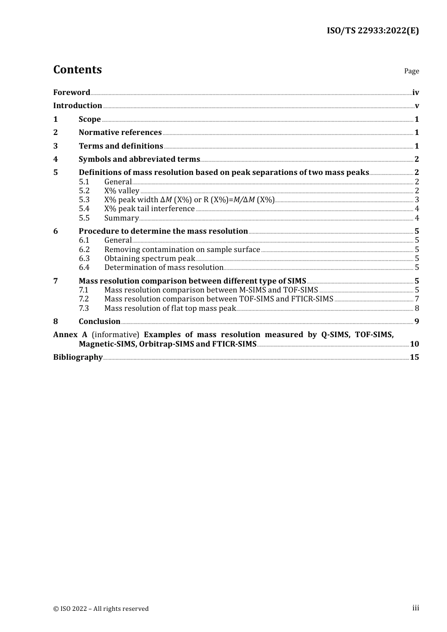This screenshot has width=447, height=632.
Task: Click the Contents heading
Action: pyautogui.click(x=77, y=70)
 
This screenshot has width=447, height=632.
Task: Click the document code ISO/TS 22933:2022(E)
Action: pyautogui.click(x=373, y=31)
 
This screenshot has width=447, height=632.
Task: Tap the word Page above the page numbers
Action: pyautogui.click(x=411, y=71)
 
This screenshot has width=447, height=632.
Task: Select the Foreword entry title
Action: pyautogui.click(x=72, y=93)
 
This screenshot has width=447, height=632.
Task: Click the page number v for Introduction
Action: pyautogui.click(x=416, y=106)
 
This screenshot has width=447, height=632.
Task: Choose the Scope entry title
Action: pyautogui.click(x=89, y=119)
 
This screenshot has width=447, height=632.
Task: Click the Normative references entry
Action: pyautogui.click(x=120, y=133)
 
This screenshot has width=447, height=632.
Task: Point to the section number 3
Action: pyautogui.click(x=56, y=146)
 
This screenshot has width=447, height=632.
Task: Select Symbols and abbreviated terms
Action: pyautogui.click(x=139, y=159)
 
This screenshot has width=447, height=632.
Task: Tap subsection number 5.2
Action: pyautogui.click(x=84, y=191)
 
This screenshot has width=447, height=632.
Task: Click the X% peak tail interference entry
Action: pyautogui.click(x=149, y=209)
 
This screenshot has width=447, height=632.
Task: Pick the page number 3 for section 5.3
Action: pyautogui.click(x=417, y=200)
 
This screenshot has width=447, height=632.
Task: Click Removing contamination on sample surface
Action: pyautogui.click(x=182, y=250)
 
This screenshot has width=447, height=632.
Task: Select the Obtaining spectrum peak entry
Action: pyautogui.click(x=149, y=259)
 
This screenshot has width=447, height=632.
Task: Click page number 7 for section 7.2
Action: pyautogui.click(x=417, y=299)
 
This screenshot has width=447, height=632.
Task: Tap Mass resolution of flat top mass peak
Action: pyautogui.click(x=170, y=308)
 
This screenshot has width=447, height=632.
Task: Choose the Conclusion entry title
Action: pyautogui.click(x=99, y=322)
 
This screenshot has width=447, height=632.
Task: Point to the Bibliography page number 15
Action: pyautogui.click(x=414, y=357)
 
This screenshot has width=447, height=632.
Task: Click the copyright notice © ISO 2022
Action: pyautogui.click(x=101, y=609)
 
